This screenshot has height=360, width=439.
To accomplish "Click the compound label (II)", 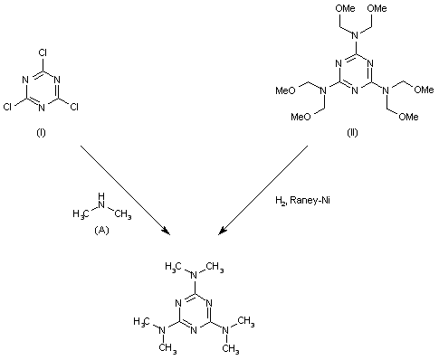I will coord(351,132).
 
